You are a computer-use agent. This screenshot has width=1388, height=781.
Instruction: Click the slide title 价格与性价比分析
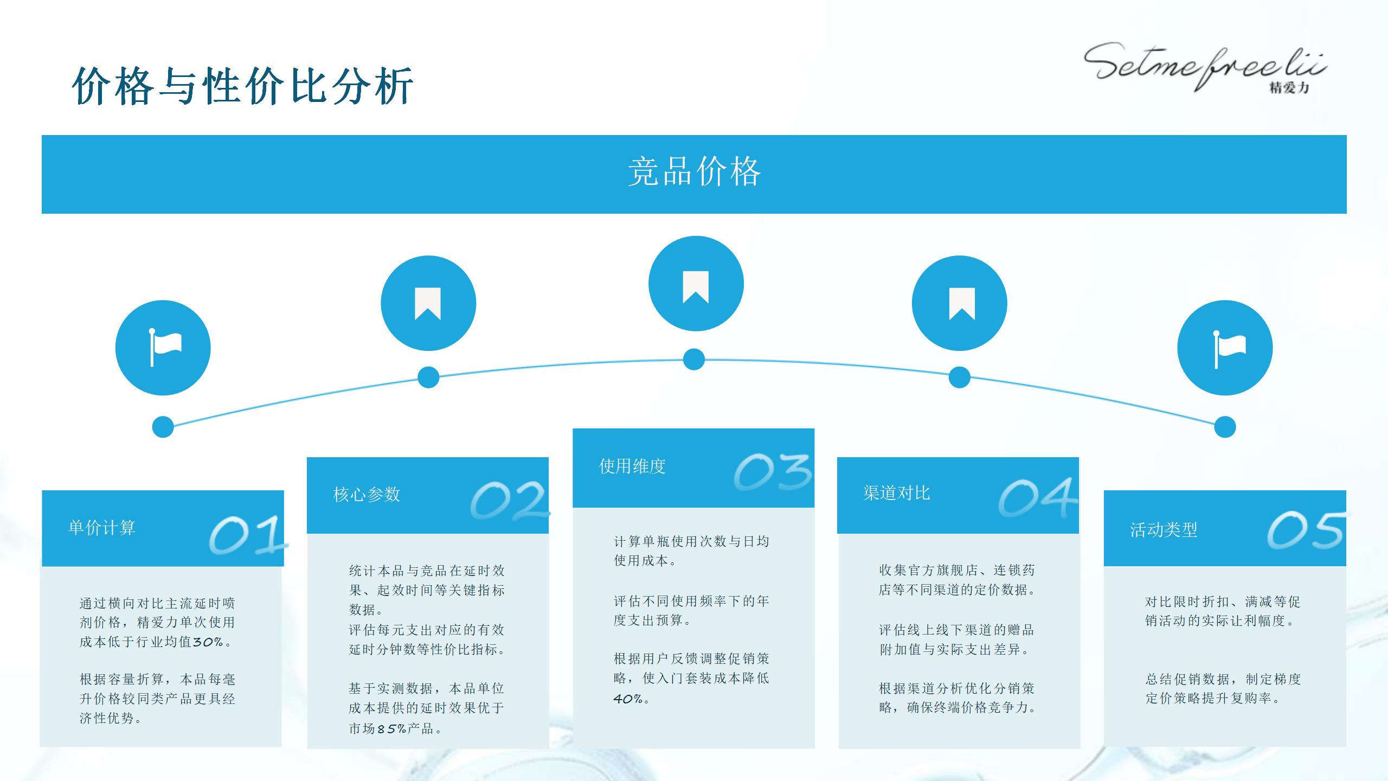pyautogui.click(x=243, y=86)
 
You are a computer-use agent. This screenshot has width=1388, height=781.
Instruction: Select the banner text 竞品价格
pyautogui.click(x=694, y=172)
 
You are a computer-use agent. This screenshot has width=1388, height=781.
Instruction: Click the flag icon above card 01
pyautogui.click(x=163, y=348)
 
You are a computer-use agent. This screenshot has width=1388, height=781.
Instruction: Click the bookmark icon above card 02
pyautogui.click(x=428, y=303)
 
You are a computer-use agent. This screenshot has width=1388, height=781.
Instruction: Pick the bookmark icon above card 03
pyautogui.click(x=696, y=284)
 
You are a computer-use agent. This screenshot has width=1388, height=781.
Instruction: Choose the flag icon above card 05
pyautogui.click(x=1225, y=348)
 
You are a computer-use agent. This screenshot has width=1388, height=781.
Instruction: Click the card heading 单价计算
pyautogui.click(x=102, y=528)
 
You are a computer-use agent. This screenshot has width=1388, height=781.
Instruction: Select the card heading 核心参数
pyautogui.click(x=367, y=495)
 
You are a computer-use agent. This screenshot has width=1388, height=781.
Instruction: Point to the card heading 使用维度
pyautogui.click(x=632, y=466)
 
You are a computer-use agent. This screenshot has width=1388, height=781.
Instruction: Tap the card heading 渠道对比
pyautogui.click(x=897, y=493)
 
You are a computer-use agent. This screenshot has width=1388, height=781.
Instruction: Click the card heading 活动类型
pyautogui.click(x=1164, y=530)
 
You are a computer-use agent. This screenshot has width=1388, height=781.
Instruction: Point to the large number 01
pyautogui.click(x=247, y=535)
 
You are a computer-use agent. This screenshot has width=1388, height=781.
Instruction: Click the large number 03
pyautogui.click(x=773, y=472)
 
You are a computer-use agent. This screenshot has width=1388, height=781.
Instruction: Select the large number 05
pyautogui.click(x=1306, y=530)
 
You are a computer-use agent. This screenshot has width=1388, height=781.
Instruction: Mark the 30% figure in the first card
pyautogui.click(x=208, y=642)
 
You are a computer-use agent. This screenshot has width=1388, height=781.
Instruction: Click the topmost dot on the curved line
pyautogui.click(x=694, y=360)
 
